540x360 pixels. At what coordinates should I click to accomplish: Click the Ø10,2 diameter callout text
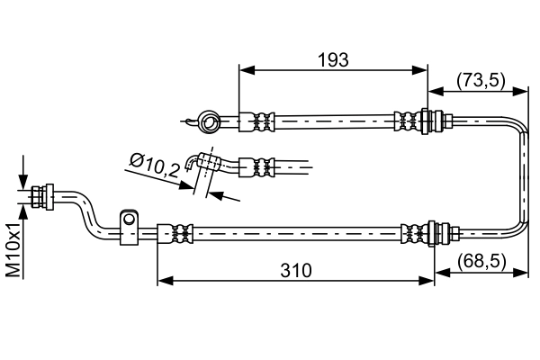(x=152, y=164)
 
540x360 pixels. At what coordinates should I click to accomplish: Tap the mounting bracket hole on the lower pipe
(x=130, y=220)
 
